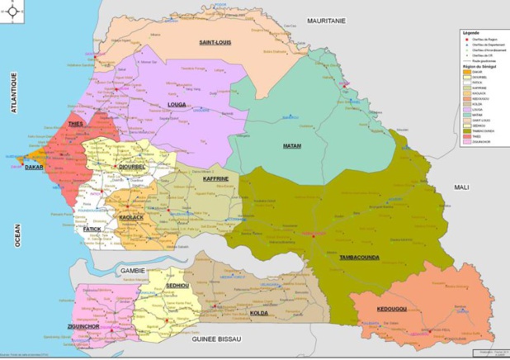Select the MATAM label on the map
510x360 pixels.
point(292,146)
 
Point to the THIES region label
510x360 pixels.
point(77,124)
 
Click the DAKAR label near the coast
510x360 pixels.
point(34,167)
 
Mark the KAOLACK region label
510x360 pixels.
point(131,216)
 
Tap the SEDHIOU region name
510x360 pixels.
point(178,285)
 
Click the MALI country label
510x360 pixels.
point(460,187)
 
